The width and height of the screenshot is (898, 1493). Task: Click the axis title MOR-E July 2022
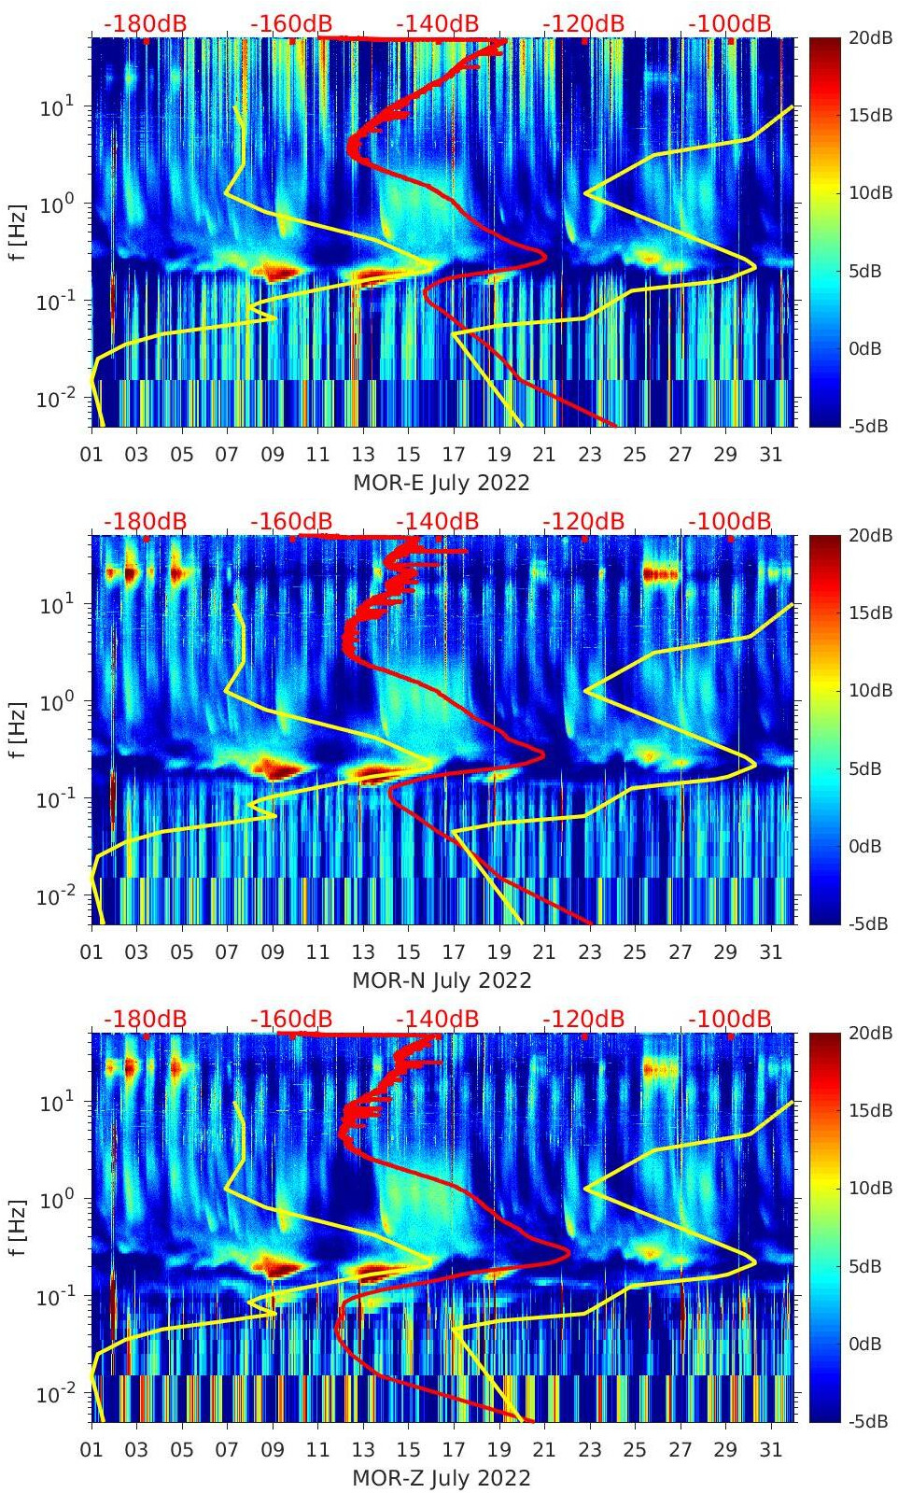pos(441,483)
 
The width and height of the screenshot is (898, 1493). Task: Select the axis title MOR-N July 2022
pos(441,980)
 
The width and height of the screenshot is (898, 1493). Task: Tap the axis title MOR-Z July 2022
pos(441,1478)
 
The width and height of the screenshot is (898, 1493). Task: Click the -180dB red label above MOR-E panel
pos(145,23)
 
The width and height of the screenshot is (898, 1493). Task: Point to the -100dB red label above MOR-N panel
pos(730,521)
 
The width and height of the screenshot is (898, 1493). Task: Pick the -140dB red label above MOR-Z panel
pos(437,1019)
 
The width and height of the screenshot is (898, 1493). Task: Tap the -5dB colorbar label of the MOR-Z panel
pos(867,1421)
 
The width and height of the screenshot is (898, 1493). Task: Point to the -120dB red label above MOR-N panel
pos(583,521)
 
